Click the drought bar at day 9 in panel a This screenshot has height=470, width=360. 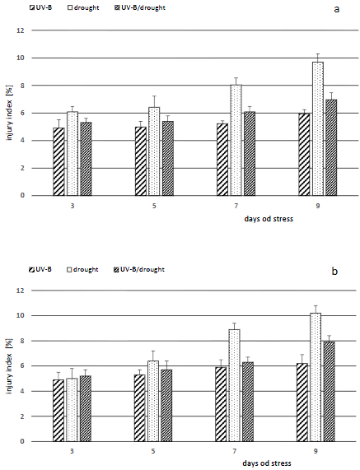(x=318, y=128)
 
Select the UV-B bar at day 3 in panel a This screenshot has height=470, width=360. (x=58, y=161)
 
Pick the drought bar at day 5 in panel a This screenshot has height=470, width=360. (x=154, y=151)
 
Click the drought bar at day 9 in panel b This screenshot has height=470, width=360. (x=316, y=377)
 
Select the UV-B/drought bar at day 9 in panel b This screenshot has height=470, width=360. (x=329, y=391)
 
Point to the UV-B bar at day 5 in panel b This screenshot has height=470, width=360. (x=140, y=408)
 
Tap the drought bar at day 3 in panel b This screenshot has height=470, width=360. (x=72, y=410)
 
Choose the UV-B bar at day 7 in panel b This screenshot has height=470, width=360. (x=221, y=404)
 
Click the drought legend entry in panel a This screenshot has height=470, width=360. (x=84, y=7)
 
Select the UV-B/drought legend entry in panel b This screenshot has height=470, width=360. (x=139, y=269)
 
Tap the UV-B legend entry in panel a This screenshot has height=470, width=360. (x=40, y=7)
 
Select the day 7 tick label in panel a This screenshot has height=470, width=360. (x=236, y=206)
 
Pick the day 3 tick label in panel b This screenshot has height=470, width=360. (x=72, y=451)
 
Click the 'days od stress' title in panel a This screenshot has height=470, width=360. (x=269, y=219)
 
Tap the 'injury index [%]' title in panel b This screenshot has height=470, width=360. (x=9, y=366)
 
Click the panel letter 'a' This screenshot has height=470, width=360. (x=337, y=9)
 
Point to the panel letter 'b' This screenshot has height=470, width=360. (x=334, y=271)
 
